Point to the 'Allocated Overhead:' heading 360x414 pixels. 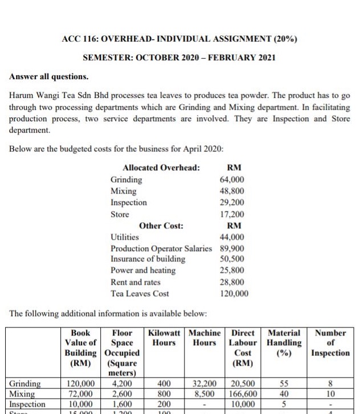(161, 167)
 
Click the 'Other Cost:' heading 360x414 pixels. (161, 226)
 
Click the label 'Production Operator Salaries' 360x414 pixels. (161, 248)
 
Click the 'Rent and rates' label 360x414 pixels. (136, 282)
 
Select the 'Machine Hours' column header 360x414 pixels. (205, 338)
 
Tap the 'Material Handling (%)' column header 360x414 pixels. (284, 342)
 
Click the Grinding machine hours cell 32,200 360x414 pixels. (205, 384)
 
